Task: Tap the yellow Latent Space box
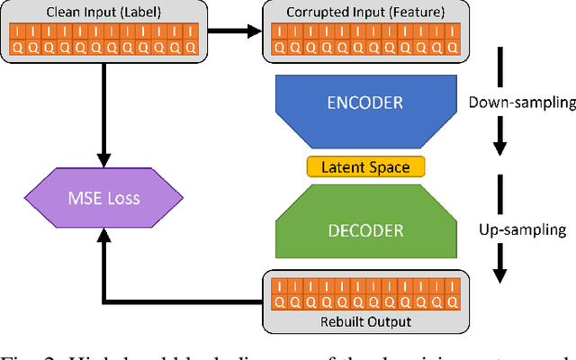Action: click(365, 166)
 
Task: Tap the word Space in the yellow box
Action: click(389, 166)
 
